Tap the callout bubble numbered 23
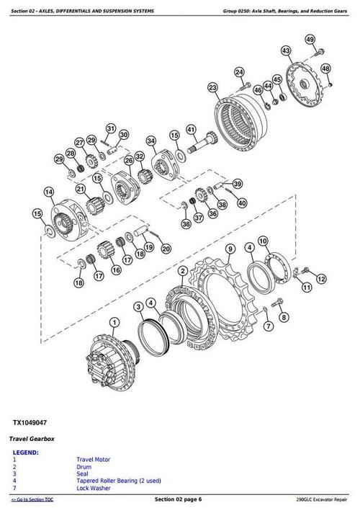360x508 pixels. [x=212, y=87]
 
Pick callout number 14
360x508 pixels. [x=48, y=192]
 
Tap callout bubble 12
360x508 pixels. [x=321, y=277]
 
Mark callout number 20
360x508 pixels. [x=166, y=249]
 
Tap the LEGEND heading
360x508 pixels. [x=26, y=453]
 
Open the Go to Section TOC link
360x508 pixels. [x=32, y=499]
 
